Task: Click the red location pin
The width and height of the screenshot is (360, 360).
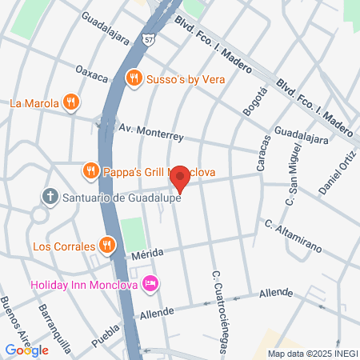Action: [181, 178]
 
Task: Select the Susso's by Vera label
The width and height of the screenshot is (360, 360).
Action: [186, 78]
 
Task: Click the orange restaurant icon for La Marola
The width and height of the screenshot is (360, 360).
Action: [72, 102]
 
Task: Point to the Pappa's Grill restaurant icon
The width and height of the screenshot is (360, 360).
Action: [91, 170]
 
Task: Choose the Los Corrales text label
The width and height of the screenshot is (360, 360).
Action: [62, 246]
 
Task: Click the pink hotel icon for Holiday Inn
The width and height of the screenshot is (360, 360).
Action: [150, 284]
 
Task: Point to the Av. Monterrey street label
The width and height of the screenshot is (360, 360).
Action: [150, 129]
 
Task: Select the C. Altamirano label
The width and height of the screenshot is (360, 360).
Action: [294, 236]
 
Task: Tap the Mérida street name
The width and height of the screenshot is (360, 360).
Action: [147, 254]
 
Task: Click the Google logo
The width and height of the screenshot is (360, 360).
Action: [26, 350]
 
